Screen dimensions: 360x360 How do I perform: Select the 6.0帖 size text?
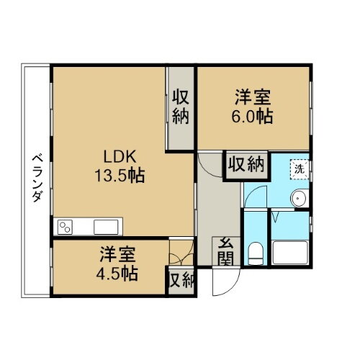pyautogui.click(x=252, y=117)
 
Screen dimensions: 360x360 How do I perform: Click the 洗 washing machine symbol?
pyautogui.click(x=299, y=168)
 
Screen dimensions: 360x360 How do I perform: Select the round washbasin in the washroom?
pyautogui.click(x=298, y=199)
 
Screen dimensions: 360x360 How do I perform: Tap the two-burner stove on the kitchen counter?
pyautogui.click(x=66, y=228)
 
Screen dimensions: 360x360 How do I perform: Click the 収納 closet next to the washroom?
pyautogui.click(x=246, y=165)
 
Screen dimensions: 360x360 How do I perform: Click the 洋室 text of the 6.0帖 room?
pyautogui.click(x=252, y=96)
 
